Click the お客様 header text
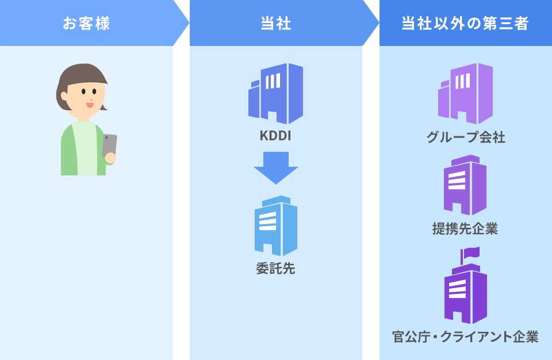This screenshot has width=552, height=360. [x=86, y=24]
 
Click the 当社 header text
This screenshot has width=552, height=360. [x=276, y=24]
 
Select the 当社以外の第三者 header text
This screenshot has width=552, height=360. [x=465, y=24]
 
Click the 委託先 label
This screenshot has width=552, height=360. [x=276, y=269]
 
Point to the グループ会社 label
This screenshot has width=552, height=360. [x=466, y=138]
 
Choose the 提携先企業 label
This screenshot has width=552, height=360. [x=465, y=229]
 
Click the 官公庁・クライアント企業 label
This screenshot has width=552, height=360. [x=465, y=337]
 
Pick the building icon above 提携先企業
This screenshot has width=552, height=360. [x=465, y=185]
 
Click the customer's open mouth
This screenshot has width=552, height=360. [x=90, y=105]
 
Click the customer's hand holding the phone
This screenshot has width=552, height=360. [x=110, y=158]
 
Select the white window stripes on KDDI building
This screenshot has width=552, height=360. [x=273, y=81]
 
